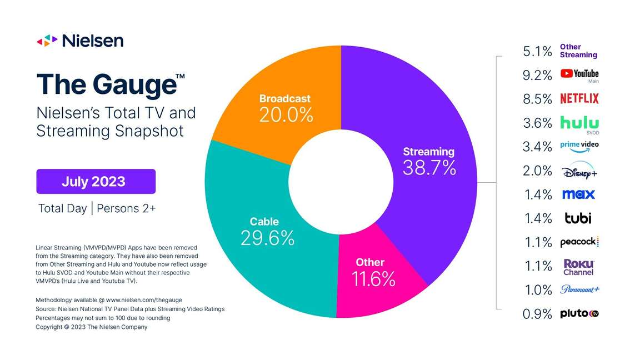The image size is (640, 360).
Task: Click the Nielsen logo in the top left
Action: click(x=80, y=41)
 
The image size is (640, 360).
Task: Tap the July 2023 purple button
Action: click(x=96, y=182)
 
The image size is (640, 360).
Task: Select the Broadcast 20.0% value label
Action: click(x=286, y=115)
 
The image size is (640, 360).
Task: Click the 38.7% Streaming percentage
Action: click(x=429, y=168)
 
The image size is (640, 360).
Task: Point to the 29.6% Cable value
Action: click(x=267, y=238)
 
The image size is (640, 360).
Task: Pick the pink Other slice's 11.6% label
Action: click(x=373, y=279)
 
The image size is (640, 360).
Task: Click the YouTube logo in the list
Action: click(x=579, y=74)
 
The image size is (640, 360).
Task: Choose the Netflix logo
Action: click(x=579, y=99)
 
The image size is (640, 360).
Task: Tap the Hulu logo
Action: click(x=579, y=122)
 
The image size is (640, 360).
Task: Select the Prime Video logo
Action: click(x=579, y=146)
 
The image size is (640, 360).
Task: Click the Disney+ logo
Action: click(x=579, y=170)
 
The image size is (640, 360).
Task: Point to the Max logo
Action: click(x=578, y=194)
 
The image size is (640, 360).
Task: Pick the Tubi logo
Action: click(x=578, y=218)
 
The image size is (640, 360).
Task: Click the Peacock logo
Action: click(x=579, y=242)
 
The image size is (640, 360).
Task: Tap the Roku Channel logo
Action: click(x=578, y=267)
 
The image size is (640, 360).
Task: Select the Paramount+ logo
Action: click(x=579, y=289)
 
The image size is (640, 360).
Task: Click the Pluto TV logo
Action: click(x=579, y=314)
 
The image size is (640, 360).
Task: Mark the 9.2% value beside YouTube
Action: click(x=537, y=75)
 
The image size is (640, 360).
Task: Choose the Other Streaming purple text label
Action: click(x=578, y=51)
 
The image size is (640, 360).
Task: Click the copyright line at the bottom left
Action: click(x=92, y=327)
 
